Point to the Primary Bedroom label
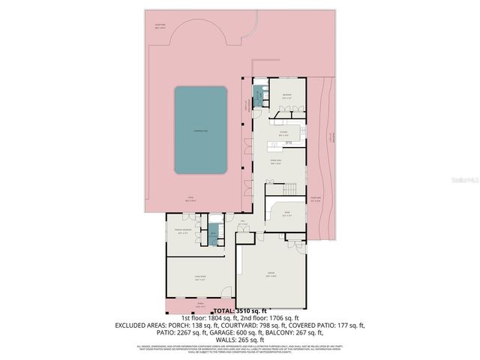click(182, 232)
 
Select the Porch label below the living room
click(200, 305)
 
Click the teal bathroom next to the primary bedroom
click(214, 234)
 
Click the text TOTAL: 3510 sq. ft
click(240, 310)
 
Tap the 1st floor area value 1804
click(222, 318)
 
